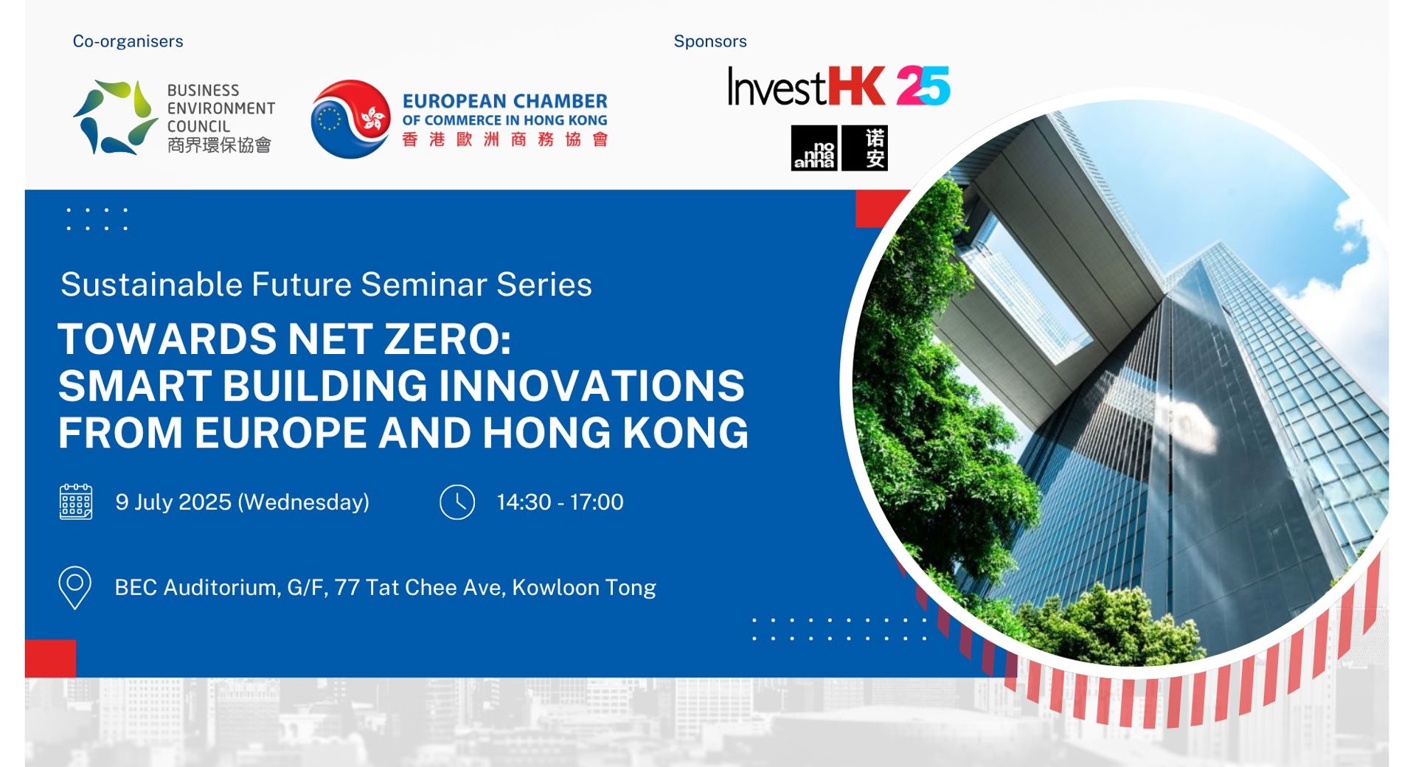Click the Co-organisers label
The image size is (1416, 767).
click(128, 41)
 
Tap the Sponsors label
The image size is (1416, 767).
click(709, 41)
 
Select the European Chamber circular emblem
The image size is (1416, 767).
click(350, 119)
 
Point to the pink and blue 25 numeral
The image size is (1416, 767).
click(923, 86)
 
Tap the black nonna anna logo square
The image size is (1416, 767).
click(813, 148)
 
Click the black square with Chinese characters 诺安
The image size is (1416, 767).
click(865, 148)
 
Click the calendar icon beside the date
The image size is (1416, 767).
click(76, 502)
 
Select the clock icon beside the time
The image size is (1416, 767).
click(457, 502)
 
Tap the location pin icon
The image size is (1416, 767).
click(74, 588)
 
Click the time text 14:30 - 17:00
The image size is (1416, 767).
click(560, 502)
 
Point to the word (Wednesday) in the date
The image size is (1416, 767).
click(303, 502)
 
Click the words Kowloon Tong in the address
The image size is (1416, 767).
click(583, 588)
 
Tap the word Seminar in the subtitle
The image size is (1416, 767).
click(423, 285)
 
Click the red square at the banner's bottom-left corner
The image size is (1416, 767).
click(50, 658)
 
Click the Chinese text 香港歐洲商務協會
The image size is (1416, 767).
click(505, 139)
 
